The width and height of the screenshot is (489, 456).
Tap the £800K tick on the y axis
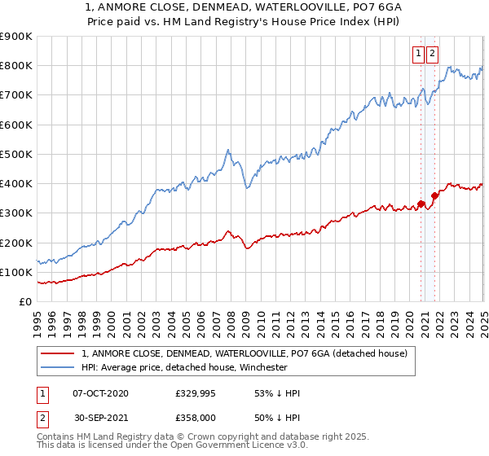[16, 65]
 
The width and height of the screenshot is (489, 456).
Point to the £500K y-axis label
[16, 154]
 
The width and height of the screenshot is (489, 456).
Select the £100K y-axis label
[16, 272]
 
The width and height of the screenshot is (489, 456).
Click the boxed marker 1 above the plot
[418, 54]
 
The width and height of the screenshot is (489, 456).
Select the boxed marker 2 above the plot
[431, 54]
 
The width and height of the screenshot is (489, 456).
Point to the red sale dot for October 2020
[421, 204]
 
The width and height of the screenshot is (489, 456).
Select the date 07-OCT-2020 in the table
[100, 393]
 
